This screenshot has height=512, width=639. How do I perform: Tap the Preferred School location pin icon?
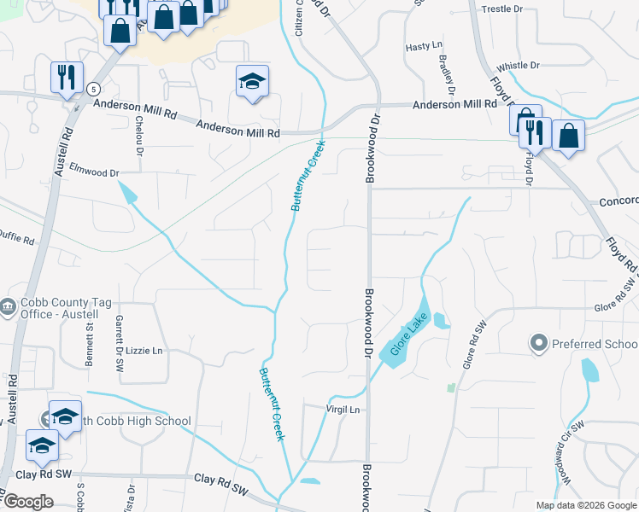538,344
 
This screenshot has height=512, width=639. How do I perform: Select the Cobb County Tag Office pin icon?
9,305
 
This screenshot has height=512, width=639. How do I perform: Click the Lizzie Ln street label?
144,351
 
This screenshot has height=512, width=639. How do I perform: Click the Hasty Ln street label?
424,47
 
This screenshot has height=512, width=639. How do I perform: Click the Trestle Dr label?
502,9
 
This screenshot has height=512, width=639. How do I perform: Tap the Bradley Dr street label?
445,75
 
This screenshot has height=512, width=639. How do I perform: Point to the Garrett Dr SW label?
120,341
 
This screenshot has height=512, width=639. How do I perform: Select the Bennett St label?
88,344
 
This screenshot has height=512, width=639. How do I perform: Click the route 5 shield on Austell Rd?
92,88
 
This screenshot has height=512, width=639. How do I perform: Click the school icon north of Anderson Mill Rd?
252,81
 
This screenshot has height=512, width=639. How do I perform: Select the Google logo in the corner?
28,502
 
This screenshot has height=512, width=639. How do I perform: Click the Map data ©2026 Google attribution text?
586,505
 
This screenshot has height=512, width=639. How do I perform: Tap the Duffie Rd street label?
17,237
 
